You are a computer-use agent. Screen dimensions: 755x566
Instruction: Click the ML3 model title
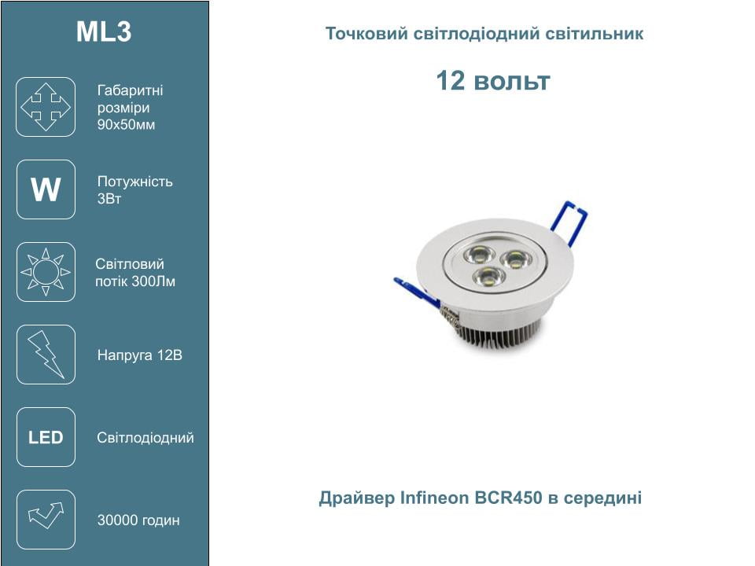point(104,31)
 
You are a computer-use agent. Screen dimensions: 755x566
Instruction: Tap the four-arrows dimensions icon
point(46,107)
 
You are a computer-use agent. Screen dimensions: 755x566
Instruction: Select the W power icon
point(46,189)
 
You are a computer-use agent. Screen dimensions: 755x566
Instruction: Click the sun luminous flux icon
point(46,272)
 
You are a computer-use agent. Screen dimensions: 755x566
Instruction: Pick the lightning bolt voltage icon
point(46,355)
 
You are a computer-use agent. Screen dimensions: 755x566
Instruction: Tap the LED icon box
point(46,437)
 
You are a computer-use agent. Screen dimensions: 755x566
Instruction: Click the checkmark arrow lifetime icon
point(46,520)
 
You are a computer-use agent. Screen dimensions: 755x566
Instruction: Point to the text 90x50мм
point(126,125)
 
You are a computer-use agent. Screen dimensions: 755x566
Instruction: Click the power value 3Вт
point(109,198)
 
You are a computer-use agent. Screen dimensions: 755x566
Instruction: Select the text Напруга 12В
point(140,355)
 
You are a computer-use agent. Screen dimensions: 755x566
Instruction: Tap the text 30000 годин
point(138,520)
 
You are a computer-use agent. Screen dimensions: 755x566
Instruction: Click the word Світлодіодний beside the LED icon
point(145,438)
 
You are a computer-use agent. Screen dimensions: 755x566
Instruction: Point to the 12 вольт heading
point(492,80)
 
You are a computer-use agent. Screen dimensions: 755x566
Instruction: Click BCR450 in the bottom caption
point(509,497)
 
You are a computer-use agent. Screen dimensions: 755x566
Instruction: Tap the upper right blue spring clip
point(569,222)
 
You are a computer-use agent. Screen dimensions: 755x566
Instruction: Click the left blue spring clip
point(417,292)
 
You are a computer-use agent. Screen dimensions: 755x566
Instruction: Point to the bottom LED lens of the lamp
point(488,277)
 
